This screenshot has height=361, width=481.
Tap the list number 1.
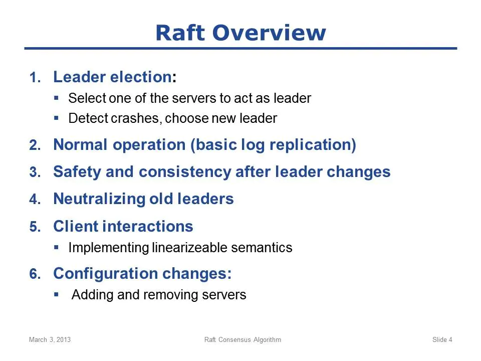click(x=35, y=77)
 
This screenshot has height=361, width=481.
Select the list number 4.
click(x=35, y=199)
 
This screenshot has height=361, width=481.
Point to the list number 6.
click(x=35, y=274)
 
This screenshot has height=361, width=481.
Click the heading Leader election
click(x=113, y=77)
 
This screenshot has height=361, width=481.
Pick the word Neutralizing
click(x=99, y=199)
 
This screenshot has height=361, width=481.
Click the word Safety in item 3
click(x=77, y=172)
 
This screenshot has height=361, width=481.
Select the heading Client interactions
click(x=123, y=226)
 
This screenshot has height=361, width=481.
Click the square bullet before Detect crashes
click(x=56, y=117)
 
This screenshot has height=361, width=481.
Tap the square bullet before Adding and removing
click(x=56, y=294)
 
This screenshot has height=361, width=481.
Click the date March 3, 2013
click(x=50, y=339)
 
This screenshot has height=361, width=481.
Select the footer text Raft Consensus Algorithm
click(x=243, y=339)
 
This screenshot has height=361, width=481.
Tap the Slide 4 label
click(x=442, y=339)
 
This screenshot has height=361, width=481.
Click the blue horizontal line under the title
click(x=241, y=48)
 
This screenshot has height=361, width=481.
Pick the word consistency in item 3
click(x=185, y=172)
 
